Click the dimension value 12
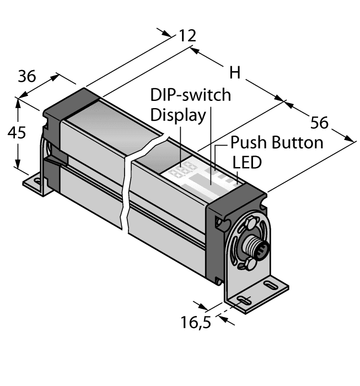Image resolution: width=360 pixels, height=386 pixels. [187, 36]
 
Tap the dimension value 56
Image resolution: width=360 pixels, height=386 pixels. [322, 121]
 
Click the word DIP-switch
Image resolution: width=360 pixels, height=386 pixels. [191, 95]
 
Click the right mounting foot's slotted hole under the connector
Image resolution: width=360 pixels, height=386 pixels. [242, 299]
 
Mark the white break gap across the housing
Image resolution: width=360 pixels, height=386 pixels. [127, 187]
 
